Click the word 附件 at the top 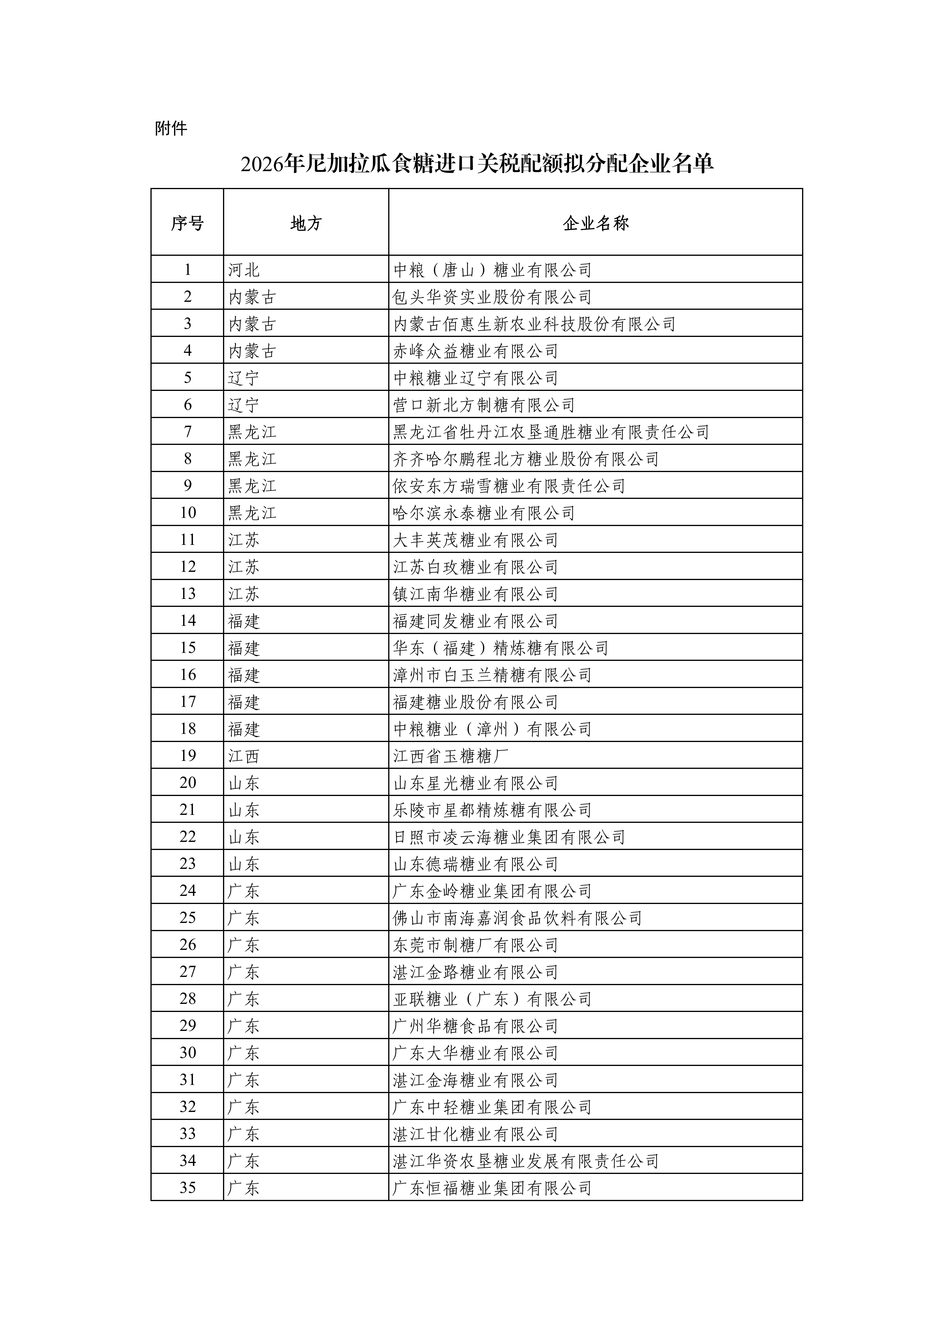coord(171,128)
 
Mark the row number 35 coord(188,1187)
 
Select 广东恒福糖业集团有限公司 coord(492,1187)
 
